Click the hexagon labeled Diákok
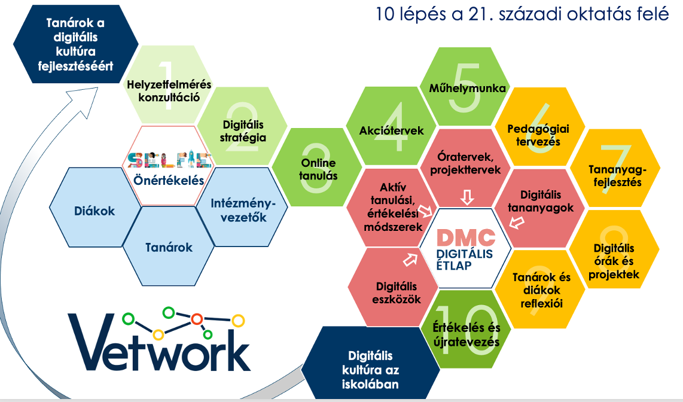[95, 208]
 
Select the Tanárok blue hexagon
[169, 246]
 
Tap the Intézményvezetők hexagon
[242, 208]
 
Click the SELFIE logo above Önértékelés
[169, 160]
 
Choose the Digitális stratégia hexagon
[243, 126]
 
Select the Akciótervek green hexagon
[391, 126]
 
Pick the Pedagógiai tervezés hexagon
[539, 127]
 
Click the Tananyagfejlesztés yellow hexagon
[615, 168]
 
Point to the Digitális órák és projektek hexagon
[614, 249]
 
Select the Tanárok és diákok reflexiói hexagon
[540, 289]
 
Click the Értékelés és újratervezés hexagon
[466, 330]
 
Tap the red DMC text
[466, 238]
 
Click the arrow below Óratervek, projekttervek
[467, 197]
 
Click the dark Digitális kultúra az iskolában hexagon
[370, 364]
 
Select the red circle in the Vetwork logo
[197, 319]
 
